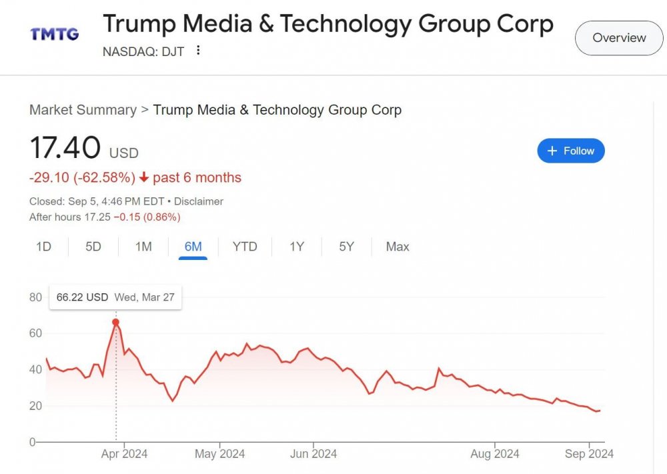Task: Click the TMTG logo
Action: (x=55, y=33)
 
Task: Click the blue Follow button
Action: (x=571, y=151)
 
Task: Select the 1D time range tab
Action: (x=43, y=247)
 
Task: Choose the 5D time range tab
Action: (x=93, y=247)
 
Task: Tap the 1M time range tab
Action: (x=143, y=247)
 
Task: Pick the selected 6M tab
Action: (x=193, y=247)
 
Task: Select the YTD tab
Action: (x=245, y=247)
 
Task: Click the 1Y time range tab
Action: (x=297, y=247)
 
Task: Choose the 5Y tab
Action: (x=346, y=247)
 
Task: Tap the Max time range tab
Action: (x=398, y=247)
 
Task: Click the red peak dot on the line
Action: (x=115, y=322)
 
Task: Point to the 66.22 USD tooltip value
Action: (x=82, y=297)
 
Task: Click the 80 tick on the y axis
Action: (x=35, y=297)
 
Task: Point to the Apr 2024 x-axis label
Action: (x=124, y=454)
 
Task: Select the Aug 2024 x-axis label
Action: (x=495, y=454)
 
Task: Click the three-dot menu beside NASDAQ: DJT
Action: (x=198, y=51)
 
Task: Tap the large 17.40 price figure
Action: (x=65, y=147)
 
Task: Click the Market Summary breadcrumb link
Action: (x=83, y=110)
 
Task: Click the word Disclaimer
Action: (x=199, y=201)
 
